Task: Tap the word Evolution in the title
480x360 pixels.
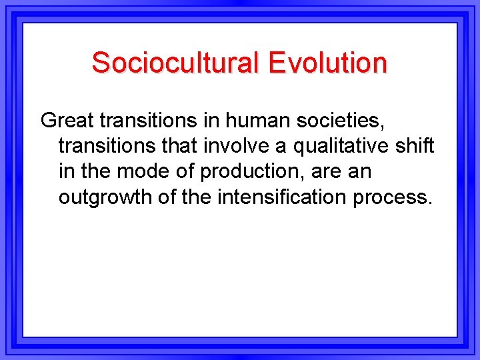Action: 327,63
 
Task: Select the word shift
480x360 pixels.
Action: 416,146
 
